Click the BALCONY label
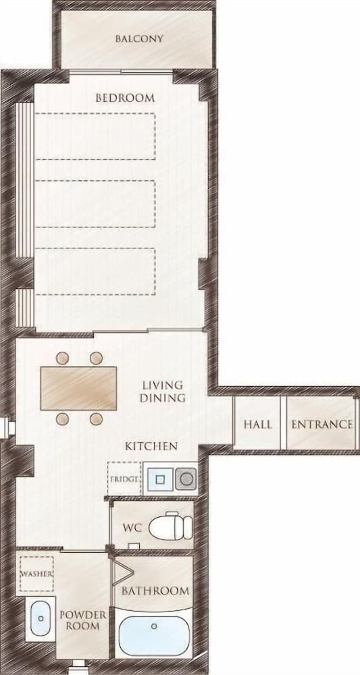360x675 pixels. (139, 38)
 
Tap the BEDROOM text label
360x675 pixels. (125, 98)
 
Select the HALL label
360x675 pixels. (258, 425)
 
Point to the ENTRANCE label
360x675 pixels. (322, 425)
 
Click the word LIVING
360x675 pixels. (162, 385)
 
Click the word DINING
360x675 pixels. (162, 398)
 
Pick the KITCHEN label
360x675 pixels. (151, 446)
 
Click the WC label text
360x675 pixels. (132, 526)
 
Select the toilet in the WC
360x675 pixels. (170, 525)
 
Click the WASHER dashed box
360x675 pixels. (36, 573)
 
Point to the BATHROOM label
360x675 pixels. (155, 591)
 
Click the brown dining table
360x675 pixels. (79, 388)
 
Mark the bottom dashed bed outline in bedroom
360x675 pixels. (95, 270)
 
